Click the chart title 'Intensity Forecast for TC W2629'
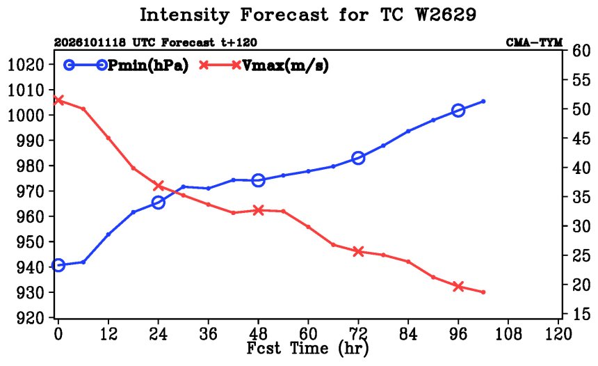[308, 15]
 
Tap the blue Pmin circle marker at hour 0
[58, 265]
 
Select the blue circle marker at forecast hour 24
[159, 202]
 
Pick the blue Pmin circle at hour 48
[259, 180]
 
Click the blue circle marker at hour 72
[358, 158]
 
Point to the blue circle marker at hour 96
[458, 111]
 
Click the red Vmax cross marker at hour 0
[58, 100]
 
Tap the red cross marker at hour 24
[159, 186]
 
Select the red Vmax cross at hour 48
[259, 210]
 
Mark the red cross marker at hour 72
[358, 251]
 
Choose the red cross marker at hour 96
[458, 286]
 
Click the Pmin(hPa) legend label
[148, 65]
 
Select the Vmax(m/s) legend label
[285, 65]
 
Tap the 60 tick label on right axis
[581, 51]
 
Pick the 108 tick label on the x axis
[508, 334]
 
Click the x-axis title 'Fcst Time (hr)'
[308, 349]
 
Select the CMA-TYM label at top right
[534, 42]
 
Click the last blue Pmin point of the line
[483, 101]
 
